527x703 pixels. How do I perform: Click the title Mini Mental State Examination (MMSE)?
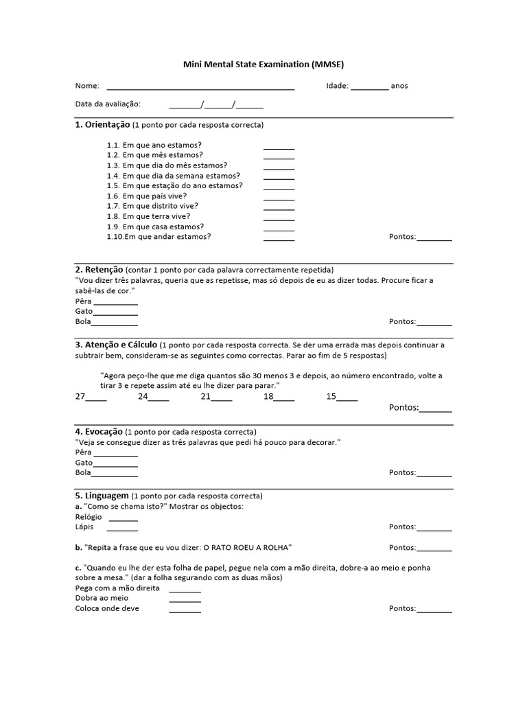click(263, 65)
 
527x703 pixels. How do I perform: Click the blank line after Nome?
click(200, 87)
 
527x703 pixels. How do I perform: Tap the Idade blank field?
click(369, 87)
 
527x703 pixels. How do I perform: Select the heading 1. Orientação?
click(102, 125)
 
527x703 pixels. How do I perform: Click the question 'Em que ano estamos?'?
click(162, 145)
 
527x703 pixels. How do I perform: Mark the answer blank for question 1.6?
click(279, 197)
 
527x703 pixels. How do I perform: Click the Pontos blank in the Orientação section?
click(434, 238)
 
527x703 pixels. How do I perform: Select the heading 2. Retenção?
click(99, 270)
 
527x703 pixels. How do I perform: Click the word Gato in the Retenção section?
click(84, 312)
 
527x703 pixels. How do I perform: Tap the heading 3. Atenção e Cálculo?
click(116, 344)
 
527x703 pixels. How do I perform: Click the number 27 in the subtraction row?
click(80, 397)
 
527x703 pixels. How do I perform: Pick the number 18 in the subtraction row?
click(268, 397)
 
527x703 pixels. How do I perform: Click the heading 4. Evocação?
click(99, 432)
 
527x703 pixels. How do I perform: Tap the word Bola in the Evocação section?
click(83, 473)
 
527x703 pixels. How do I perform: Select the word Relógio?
click(89, 517)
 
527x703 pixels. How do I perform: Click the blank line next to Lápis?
click(122, 529)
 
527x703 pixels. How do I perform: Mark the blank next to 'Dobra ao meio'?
click(185, 599)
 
